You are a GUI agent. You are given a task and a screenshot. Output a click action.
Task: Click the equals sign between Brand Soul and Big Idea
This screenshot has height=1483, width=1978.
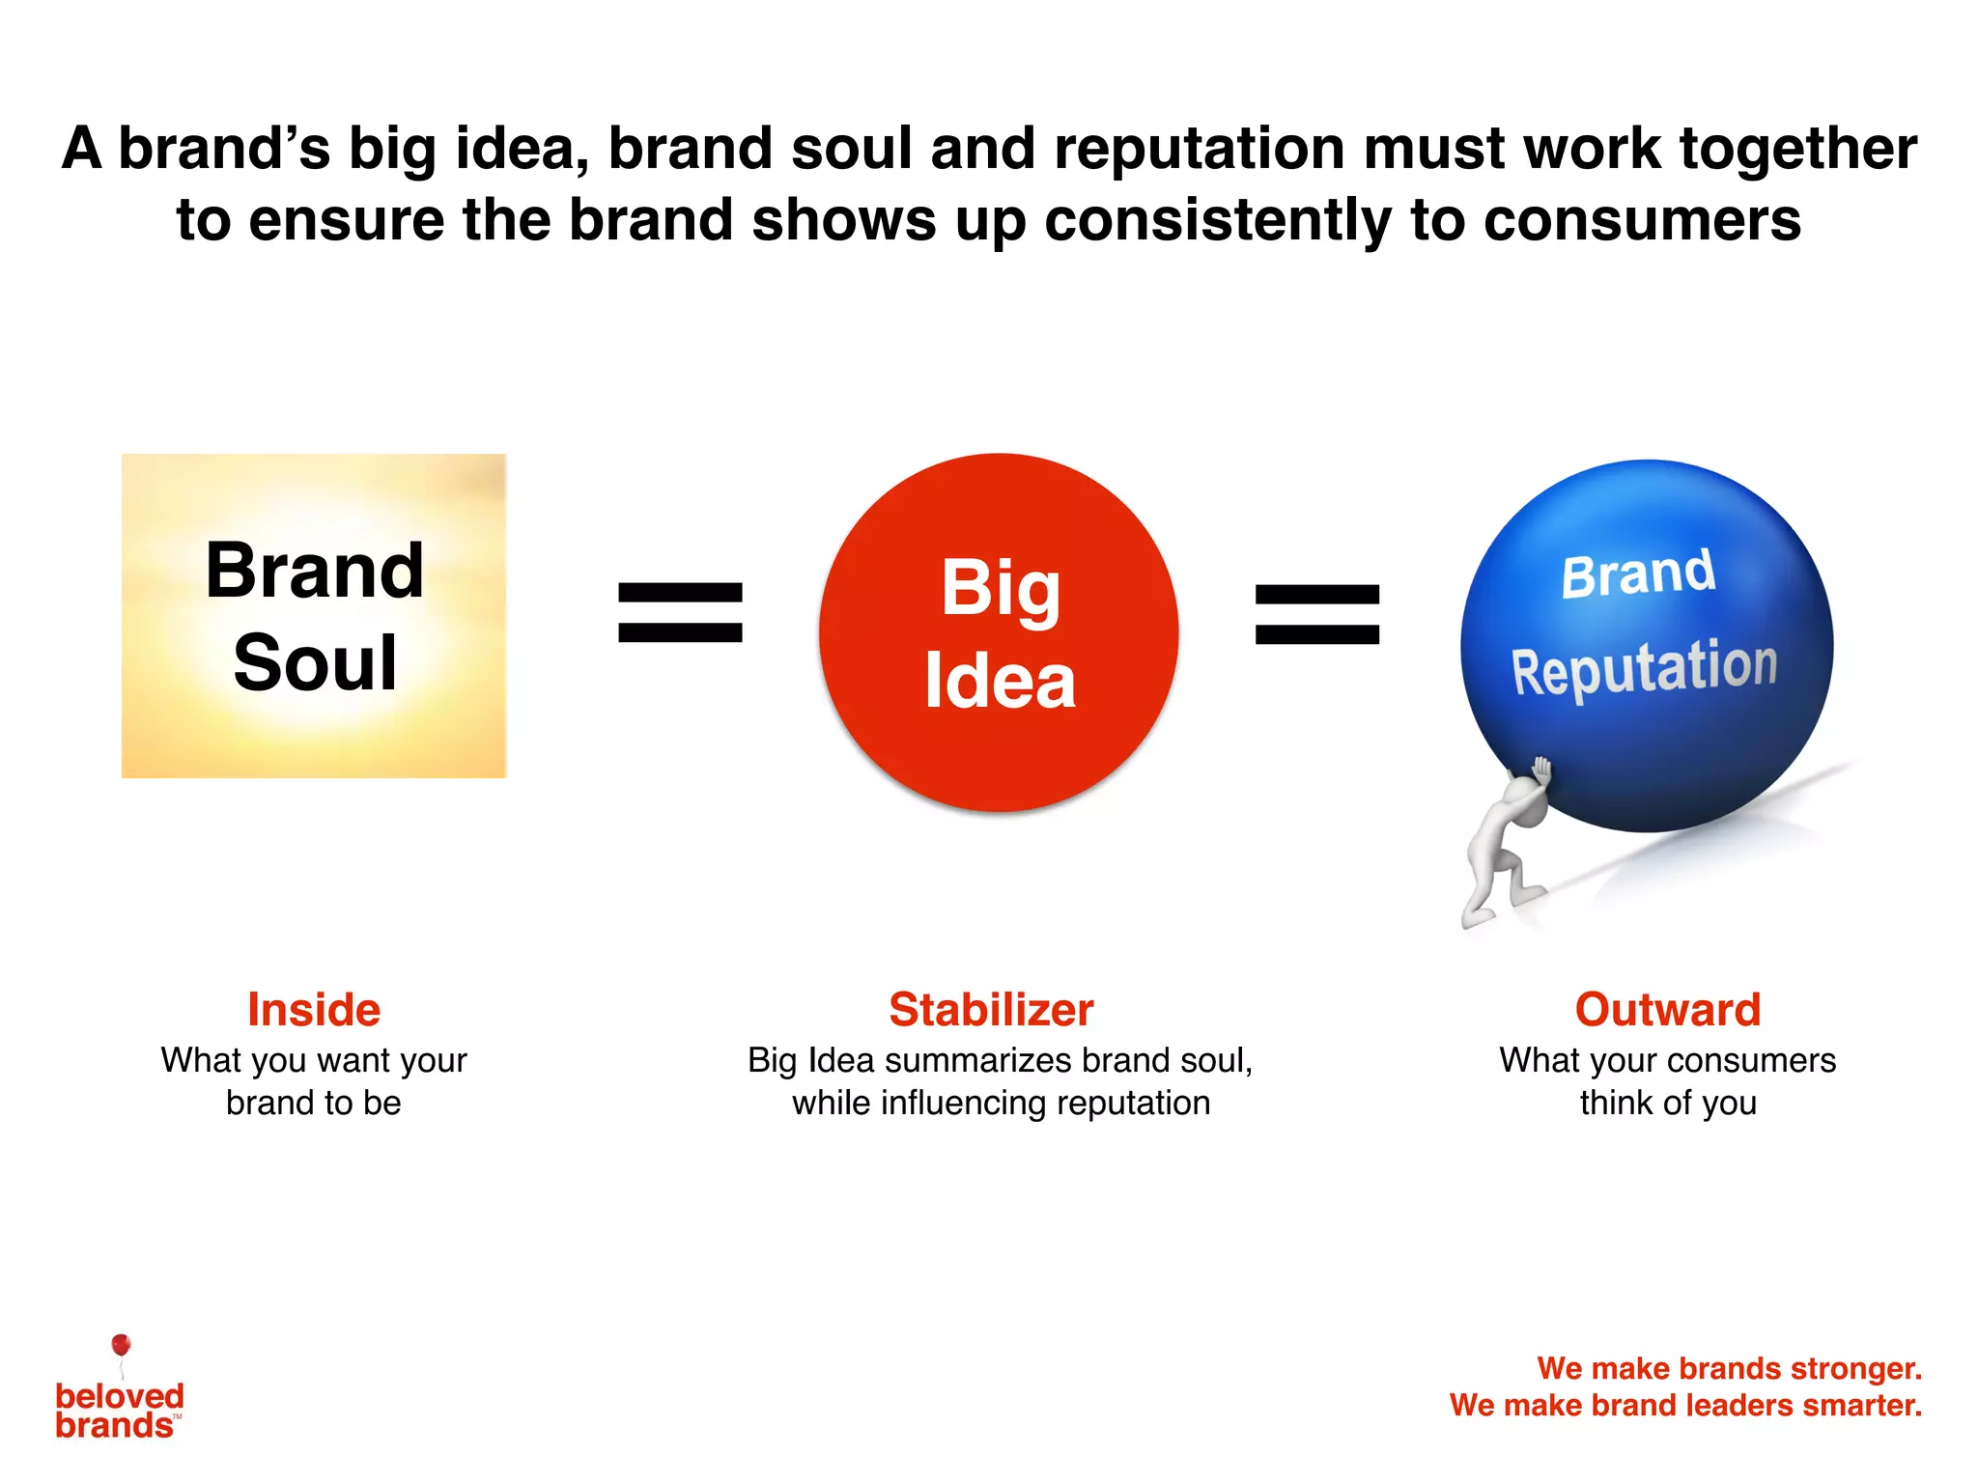click(x=680, y=612)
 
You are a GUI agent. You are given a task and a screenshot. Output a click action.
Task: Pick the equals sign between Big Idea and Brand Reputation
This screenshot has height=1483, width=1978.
click(x=1316, y=614)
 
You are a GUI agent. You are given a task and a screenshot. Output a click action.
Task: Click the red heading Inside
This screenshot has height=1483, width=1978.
click(x=314, y=1010)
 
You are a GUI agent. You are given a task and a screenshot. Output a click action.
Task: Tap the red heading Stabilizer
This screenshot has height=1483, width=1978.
click(x=991, y=1010)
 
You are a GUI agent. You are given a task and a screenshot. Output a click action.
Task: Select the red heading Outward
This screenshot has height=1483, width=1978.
click(x=1668, y=1010)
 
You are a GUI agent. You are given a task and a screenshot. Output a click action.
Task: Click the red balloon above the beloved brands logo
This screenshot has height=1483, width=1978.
click(x=121, y=1344)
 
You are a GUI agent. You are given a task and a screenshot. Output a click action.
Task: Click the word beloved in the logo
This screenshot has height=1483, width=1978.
click(x=120, y=1396)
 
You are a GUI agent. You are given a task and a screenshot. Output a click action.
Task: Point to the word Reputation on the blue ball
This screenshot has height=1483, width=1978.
click(x=1644, y=668)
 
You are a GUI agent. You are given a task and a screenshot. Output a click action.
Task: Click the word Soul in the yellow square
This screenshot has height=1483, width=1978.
click(x=315, y=663)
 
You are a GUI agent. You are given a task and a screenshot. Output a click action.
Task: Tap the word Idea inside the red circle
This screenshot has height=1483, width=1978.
click(x=1000, y=681)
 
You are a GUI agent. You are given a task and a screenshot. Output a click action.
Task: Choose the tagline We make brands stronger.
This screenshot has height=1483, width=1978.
click(x=1729, y=1368)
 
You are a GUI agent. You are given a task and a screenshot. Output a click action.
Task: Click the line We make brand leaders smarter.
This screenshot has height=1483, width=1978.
click(x=1685, y=1405)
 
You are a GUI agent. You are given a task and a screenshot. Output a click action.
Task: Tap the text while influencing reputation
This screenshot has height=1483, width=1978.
click(x=1001, y=1103)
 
